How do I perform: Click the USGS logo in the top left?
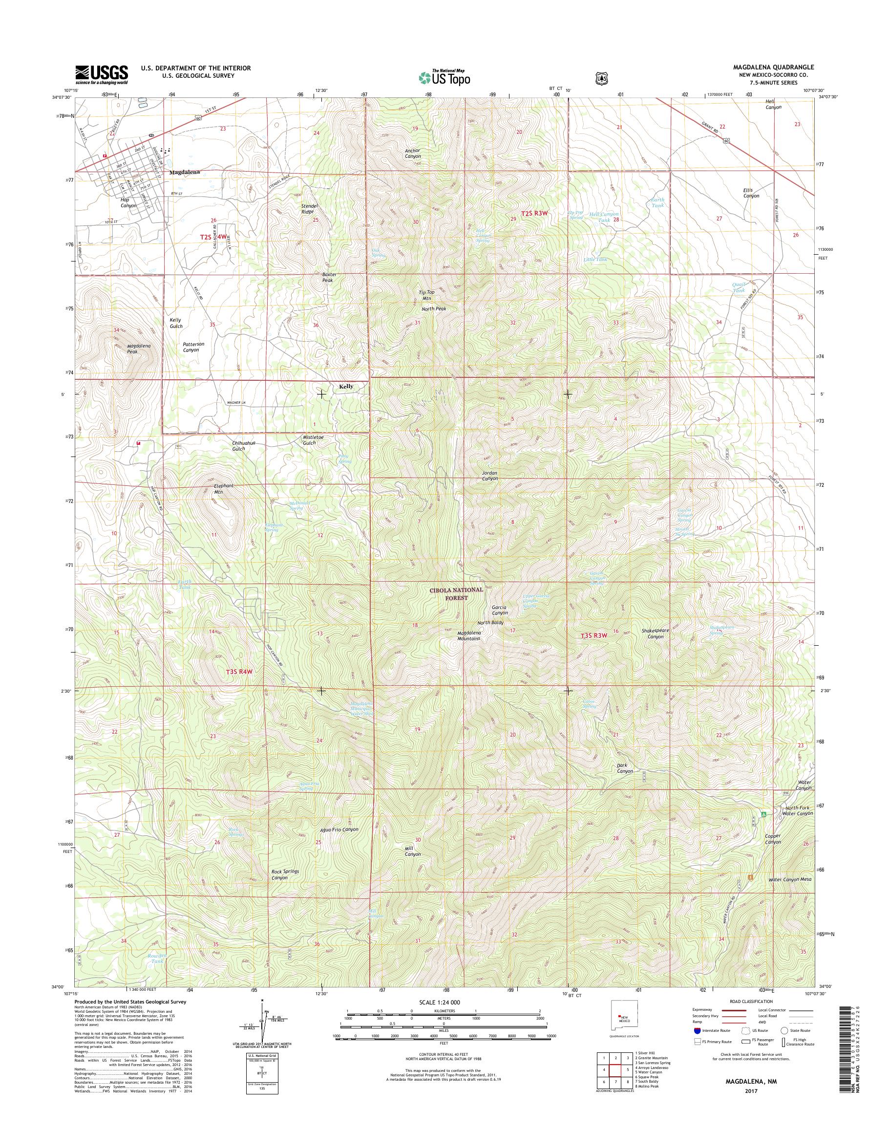(102, 74)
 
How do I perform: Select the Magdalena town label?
(184, 172)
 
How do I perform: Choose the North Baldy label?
(490, 622)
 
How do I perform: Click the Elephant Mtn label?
(224, 488)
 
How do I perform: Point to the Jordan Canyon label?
(489, 476)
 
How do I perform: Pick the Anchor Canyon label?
(413, 153)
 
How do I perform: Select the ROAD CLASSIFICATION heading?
(752, 1001)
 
